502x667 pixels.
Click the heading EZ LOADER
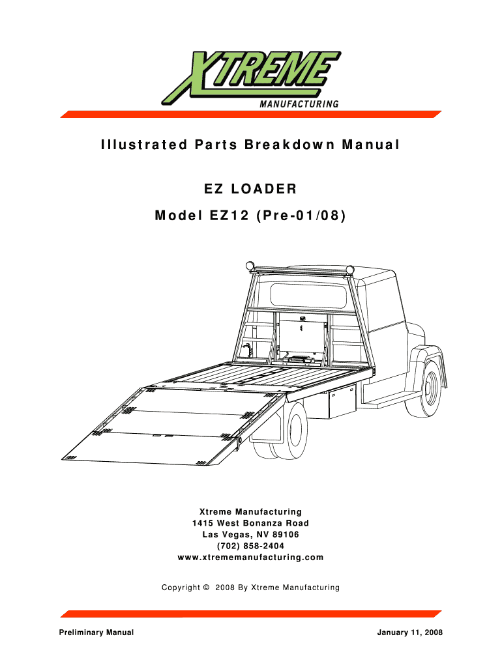pyautogui.click(x=250, y=190)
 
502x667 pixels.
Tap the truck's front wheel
pyautogui.click(x=429, y=389)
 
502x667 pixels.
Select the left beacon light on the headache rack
pyautogui.click(x=249, y=265)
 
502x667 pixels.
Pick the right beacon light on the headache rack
pyautogui.click(x=349, y=269)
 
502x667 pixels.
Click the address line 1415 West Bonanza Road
pyautogui.click(x=250, y=523)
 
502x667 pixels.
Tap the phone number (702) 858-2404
pyautogui.click(x=250, y=546)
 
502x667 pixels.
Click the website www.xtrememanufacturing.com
pyautogui.click(x=250, y=558)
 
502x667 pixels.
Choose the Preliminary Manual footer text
pyautogui.click(x=96, y=633)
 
